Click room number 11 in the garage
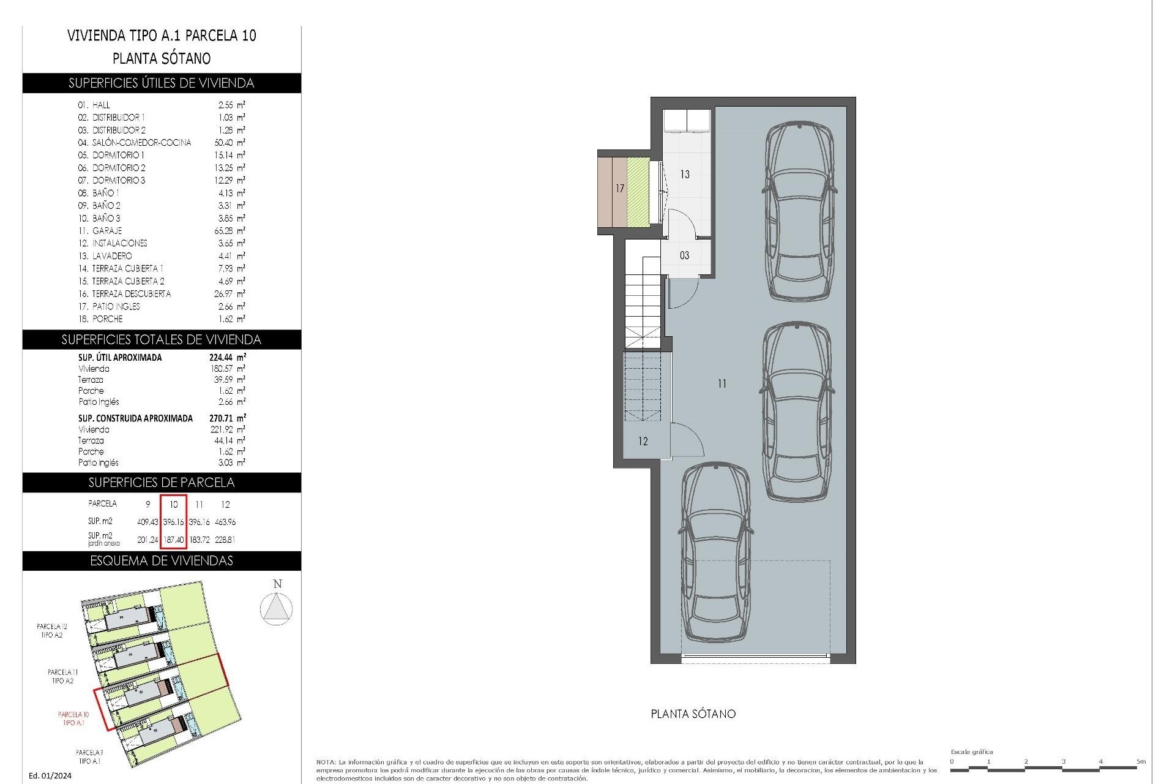[x=722, y=383]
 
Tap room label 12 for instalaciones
[x=643, y=441]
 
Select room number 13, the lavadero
[x=685, y=175]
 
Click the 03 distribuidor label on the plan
[x=684, y=255]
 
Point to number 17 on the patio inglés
[x=619, y=189]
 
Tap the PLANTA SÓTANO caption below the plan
[x=693, y=714]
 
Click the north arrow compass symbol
[x=276, y=609]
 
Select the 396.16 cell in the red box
[x=173, y=522]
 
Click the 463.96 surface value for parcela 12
[x=225, y=522]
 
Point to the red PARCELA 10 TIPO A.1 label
[x=73, y=718]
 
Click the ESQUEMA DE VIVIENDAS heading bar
[x=162, y=561]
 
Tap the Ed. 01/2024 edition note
[x=50, y=775]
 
